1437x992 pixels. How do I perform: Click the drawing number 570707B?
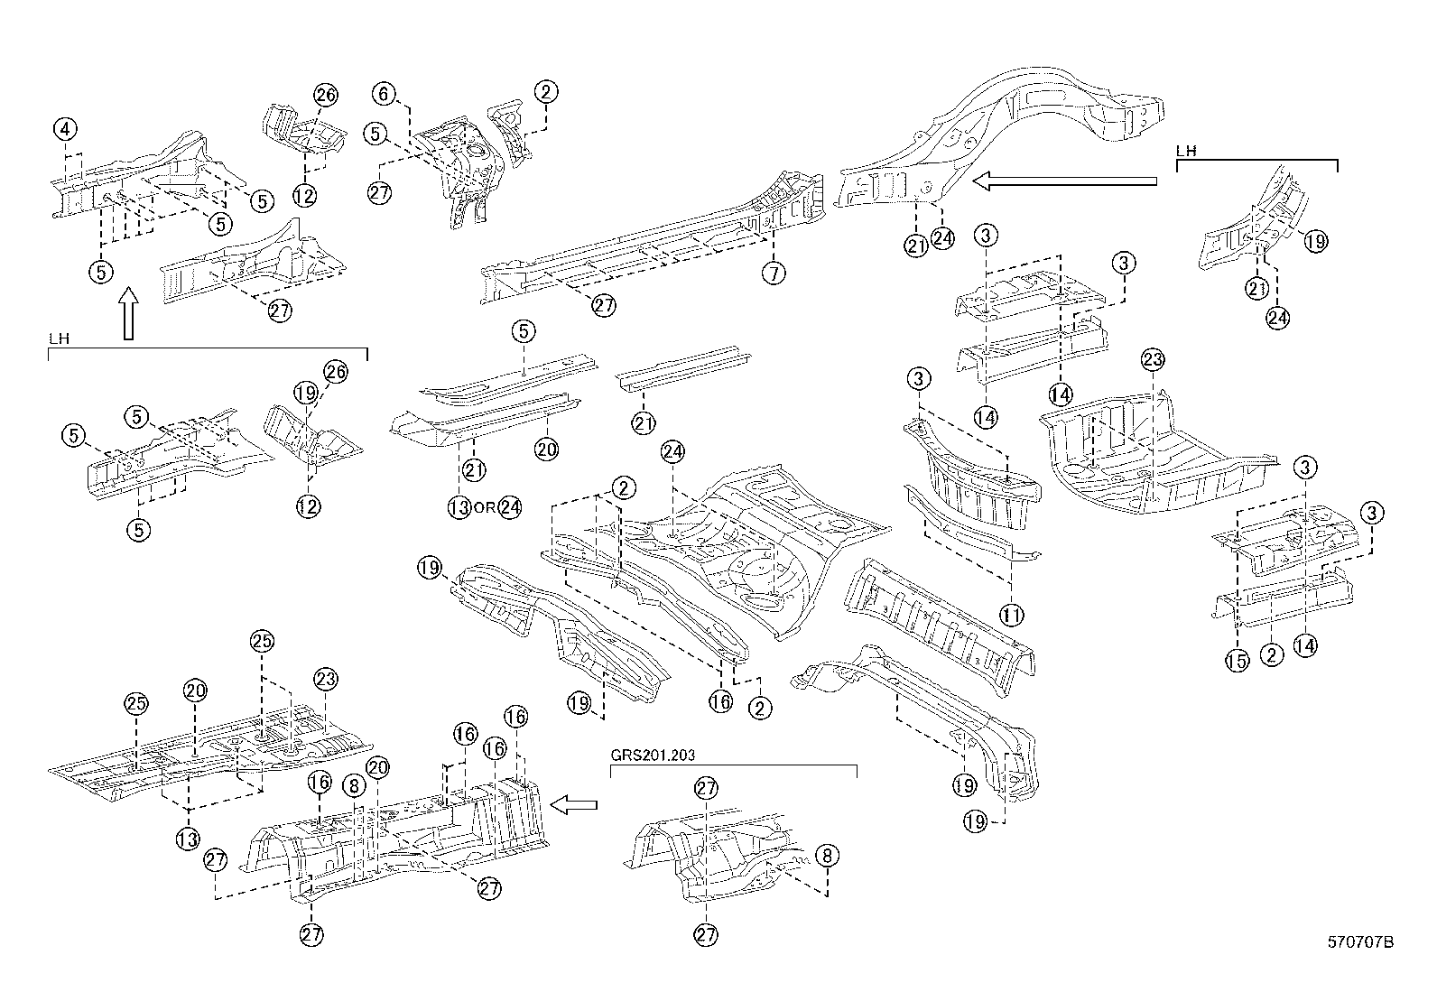pos(1359,942)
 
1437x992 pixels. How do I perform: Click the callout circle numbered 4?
pos(65,129)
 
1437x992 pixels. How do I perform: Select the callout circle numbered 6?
pos(385,93)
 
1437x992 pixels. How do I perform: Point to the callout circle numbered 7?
pos(774,273)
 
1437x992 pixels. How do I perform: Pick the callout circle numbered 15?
pos(1237,660)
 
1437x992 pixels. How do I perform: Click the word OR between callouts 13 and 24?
pos(485,507)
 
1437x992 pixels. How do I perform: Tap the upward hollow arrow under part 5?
pos(128,313)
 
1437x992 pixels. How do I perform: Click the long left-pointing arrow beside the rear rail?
pos(1065,181)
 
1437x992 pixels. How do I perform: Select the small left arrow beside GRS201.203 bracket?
pos(574,804)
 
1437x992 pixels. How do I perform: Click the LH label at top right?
pos(1186,152)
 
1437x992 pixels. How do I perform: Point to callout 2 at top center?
pos(545,91)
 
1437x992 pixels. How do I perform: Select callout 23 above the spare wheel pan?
pos(1152,360)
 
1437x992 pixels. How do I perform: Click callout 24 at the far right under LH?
pos(1276,317)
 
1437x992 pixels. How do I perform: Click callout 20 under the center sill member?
pos(546,450)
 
